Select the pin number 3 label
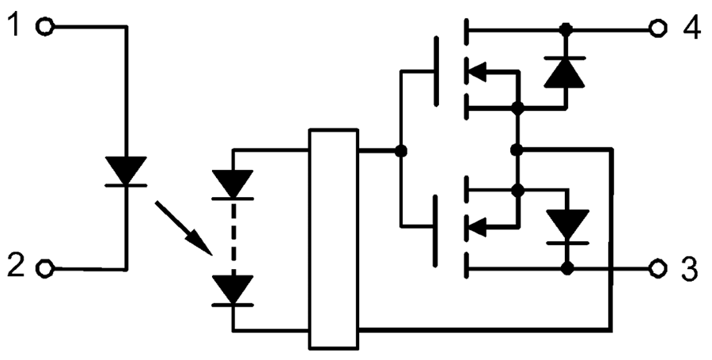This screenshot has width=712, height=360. (x=690, y=268)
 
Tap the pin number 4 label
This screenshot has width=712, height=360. (x=690, y=28)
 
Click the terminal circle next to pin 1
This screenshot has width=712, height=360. (x=46, y=28)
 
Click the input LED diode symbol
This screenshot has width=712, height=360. (x=126, y=171)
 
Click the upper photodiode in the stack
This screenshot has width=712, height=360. (x=233, y=184)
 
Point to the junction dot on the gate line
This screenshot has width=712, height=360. (x=401, y=150)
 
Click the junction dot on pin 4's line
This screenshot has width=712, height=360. (x=565, y=29)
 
